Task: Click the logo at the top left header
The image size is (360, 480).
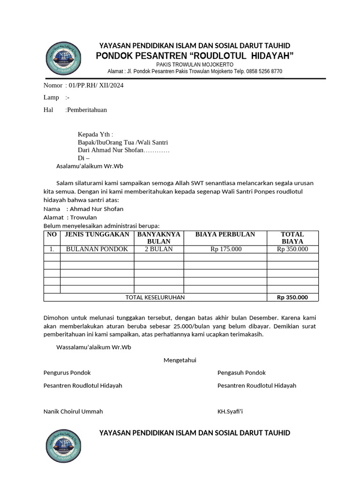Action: [63, 59]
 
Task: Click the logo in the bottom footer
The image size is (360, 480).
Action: [63, 446]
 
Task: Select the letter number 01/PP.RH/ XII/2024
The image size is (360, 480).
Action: [96, 85]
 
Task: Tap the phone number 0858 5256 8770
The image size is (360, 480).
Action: [262, 71]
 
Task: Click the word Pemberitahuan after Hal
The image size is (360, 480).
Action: [87, 110]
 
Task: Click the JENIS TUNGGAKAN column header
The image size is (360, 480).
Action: [97, 234]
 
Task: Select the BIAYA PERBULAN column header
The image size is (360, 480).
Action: [225, 234]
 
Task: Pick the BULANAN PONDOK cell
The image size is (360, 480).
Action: [97, 249]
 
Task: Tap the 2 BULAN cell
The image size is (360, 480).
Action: [158, 249]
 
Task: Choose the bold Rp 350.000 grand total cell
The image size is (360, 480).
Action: [292, 297]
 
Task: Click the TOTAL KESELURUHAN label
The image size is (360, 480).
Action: [155, 297]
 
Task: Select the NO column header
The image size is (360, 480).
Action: [52, 234]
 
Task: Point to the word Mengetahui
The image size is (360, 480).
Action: [180, 360]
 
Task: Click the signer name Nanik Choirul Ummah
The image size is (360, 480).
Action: [73, 411]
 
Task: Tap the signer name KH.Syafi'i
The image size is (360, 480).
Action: [230, 411]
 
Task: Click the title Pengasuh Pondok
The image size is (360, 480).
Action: [241, 373]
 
